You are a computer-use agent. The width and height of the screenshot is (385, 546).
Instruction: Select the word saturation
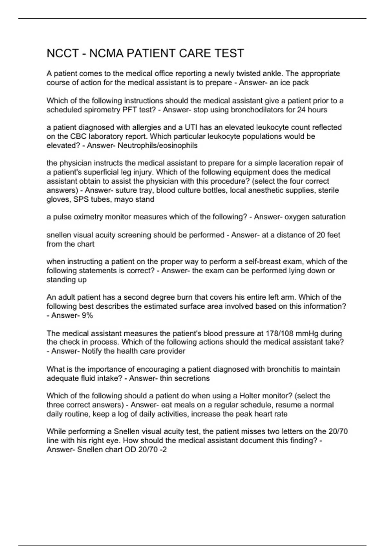point(330,217)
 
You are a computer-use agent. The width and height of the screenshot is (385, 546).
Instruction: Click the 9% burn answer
point(87,315)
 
